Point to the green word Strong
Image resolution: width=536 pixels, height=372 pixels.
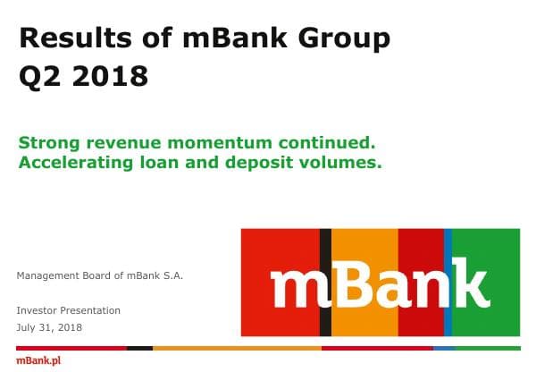(x=48, y=142)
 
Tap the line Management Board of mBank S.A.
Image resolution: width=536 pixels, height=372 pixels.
(x=100, y=275)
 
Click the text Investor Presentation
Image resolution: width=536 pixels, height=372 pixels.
(x=69, y=310)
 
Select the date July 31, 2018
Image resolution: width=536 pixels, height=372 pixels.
(x=49, y=327)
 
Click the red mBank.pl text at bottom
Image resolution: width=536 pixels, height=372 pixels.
(x=38, y=360)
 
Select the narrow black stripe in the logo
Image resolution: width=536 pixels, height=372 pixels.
(x=325, y=250)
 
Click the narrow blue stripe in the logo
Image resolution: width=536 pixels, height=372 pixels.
(x=448, y=250)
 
